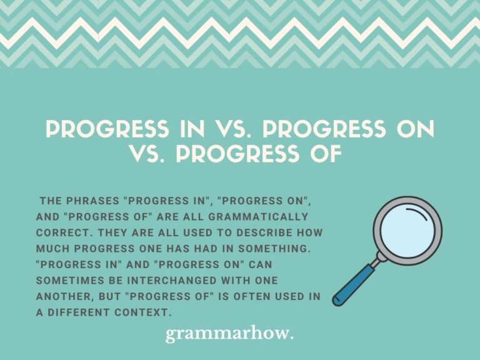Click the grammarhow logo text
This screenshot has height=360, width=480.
(229, 335)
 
